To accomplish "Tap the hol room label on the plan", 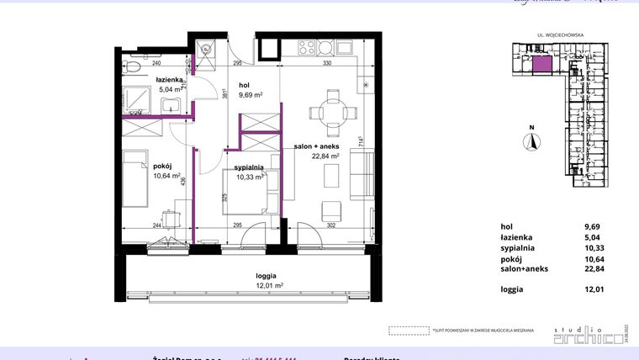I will (x=245, y=85).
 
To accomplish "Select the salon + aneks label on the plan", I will (x=316, y=146).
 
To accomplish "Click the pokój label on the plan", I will (x=139, y=167).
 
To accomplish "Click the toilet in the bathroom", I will (x=131, y=66).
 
